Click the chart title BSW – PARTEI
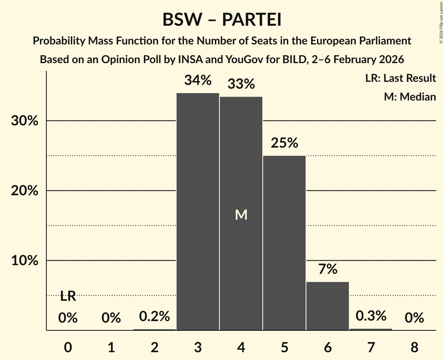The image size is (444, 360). click(x=222, y=20)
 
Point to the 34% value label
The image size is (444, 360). click(x=198, y=80)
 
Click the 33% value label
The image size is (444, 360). click(x=241, y=84)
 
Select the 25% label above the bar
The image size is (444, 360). click(x=284, y=143)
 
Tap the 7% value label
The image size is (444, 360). click(x=327, y=269)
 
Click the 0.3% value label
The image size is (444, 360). click(x=371, y=316)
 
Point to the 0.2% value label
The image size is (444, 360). click(x=154, y=316)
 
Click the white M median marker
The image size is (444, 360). click(x=241, y=215)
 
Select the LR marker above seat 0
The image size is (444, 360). click(x=68, y=296)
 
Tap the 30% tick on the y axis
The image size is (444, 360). click(x=25, y=121)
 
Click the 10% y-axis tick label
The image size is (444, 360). click(x=25, y=260)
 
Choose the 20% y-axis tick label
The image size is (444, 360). click(x=25, y=191)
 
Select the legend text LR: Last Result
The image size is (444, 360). click(x=400, y=78)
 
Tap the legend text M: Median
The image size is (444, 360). click(x=410, y=97)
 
